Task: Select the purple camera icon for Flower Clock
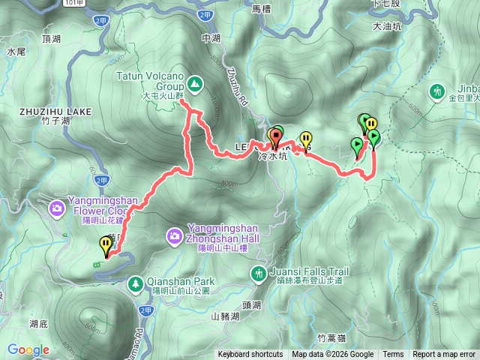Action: pos(56,208)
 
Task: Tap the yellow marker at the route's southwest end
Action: pos(104,245)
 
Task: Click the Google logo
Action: pos(28,349)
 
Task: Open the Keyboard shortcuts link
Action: pos(250,355)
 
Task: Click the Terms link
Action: pos(393,355)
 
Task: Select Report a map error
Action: pos(444,355)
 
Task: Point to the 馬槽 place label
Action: pos(260,9)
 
